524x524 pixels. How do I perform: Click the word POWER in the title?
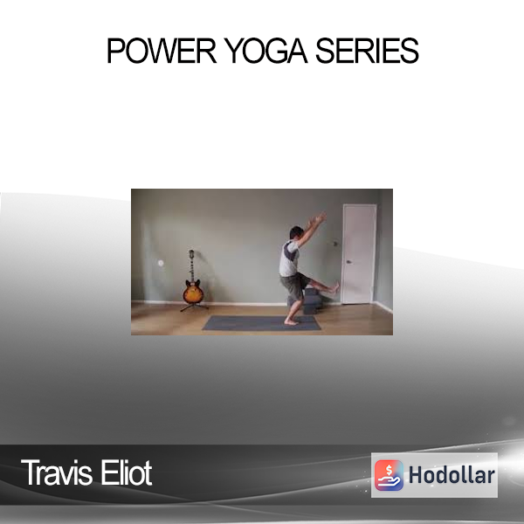162,51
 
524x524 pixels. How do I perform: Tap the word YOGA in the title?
265,51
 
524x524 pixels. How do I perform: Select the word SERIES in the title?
367,51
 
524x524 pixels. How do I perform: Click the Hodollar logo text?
452,475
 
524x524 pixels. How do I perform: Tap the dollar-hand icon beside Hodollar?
389,475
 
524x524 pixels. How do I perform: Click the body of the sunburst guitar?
193,292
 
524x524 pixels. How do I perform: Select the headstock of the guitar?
191,253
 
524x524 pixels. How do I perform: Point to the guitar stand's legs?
195,307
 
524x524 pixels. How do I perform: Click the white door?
359,254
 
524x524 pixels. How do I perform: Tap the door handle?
348,262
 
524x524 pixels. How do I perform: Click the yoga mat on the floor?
262,323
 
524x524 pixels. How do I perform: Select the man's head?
296,232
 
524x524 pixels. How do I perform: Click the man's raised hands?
319,219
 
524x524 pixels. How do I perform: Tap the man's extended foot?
334,287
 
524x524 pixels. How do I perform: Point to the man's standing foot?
291,322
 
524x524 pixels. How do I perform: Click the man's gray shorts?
294,286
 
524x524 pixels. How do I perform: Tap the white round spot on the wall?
161,263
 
